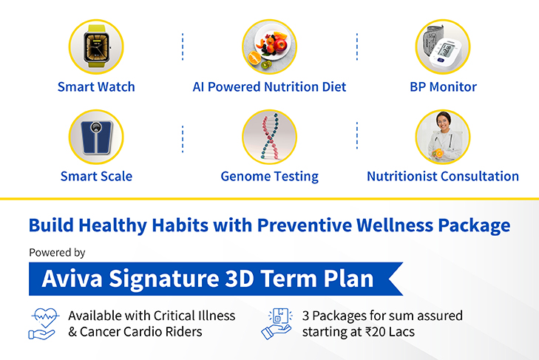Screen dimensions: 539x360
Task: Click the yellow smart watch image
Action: (x=96, y=47)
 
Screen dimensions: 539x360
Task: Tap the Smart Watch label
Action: (x=96, y=87)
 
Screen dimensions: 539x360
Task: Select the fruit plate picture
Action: (x=269, y=47)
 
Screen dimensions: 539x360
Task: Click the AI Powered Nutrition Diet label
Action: (x=269, y=87)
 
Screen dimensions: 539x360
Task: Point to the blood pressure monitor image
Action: (x=443, y=47)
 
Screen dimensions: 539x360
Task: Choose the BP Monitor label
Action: (x=443, y=87)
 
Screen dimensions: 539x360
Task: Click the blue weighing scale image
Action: (x=96, y=137)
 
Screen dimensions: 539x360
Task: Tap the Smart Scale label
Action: (x=96, y=177)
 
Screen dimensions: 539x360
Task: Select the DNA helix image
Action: (x=269, y=137)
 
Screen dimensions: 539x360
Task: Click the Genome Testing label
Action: (x=269, y=177)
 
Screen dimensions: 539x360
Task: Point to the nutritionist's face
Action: (x=444, y=122)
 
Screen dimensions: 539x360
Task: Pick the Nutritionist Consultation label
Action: (x=443, y=177)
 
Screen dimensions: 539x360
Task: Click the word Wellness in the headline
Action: (x=394, y=225)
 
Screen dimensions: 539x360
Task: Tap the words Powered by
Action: (x=57, y=253)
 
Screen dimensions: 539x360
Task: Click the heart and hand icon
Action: (x=44, y=324)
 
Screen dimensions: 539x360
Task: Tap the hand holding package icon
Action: (x=277, y=324)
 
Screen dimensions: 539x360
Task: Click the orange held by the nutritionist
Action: (x=439, y=153)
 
